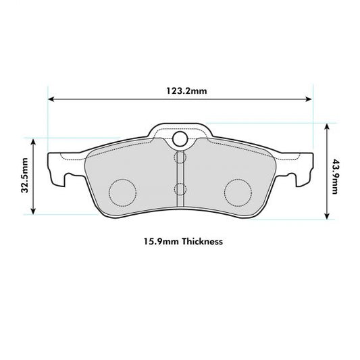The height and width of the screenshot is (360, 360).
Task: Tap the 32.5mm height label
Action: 25,176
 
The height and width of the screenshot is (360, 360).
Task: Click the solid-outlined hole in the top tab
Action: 180,139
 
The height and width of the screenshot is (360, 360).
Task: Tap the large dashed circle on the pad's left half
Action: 122,192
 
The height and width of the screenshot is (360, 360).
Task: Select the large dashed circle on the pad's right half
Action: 237,192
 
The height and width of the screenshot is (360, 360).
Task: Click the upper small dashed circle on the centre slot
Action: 180,158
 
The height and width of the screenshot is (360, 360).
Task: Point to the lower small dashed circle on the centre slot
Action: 180,188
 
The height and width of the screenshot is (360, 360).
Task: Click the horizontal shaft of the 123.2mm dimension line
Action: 122,100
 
